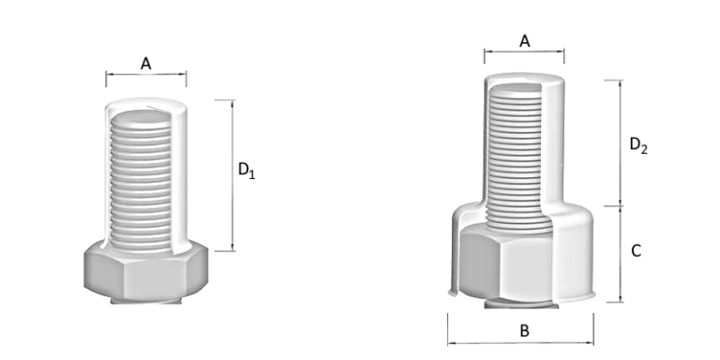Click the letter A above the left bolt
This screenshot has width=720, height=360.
[x=146, y=63]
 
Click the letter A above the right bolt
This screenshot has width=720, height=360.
[x=525, y=40]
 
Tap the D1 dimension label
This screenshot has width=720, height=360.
[x=246, y=171]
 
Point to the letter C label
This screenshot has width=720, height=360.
[x=636, y=251]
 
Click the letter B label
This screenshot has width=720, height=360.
[x=525, y=331]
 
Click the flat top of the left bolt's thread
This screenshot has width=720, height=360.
[x=141, y=117]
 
